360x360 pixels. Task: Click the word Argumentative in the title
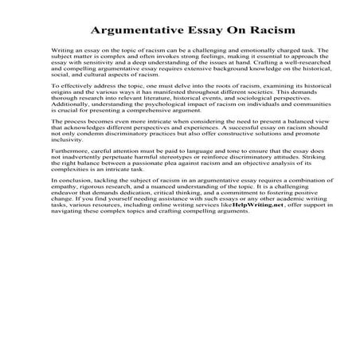[135, 30]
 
